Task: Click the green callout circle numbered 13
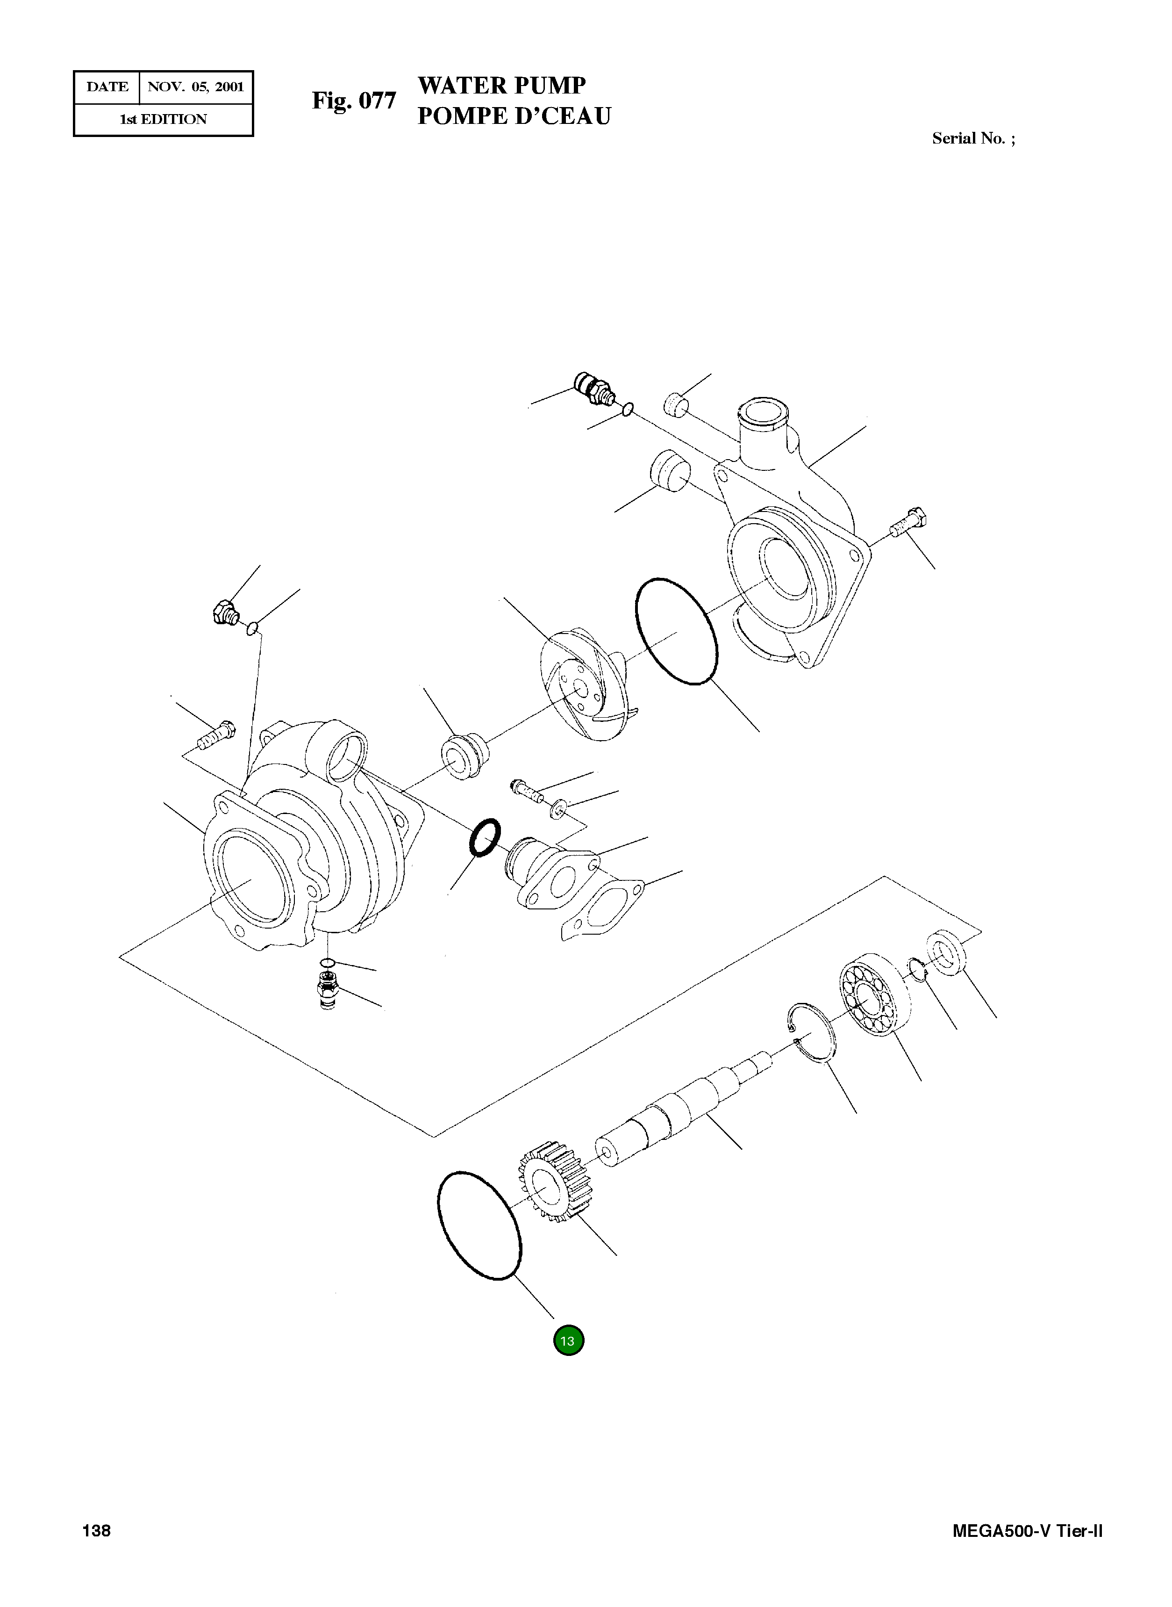coord(568,1340)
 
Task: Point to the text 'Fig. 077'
coord(353,101)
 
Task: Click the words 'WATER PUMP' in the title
coord(501,85)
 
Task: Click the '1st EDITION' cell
coord(163,119)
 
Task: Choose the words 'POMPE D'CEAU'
coord(513,115)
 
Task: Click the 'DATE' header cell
coord(107,87)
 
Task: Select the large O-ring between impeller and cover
coord(675,631)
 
